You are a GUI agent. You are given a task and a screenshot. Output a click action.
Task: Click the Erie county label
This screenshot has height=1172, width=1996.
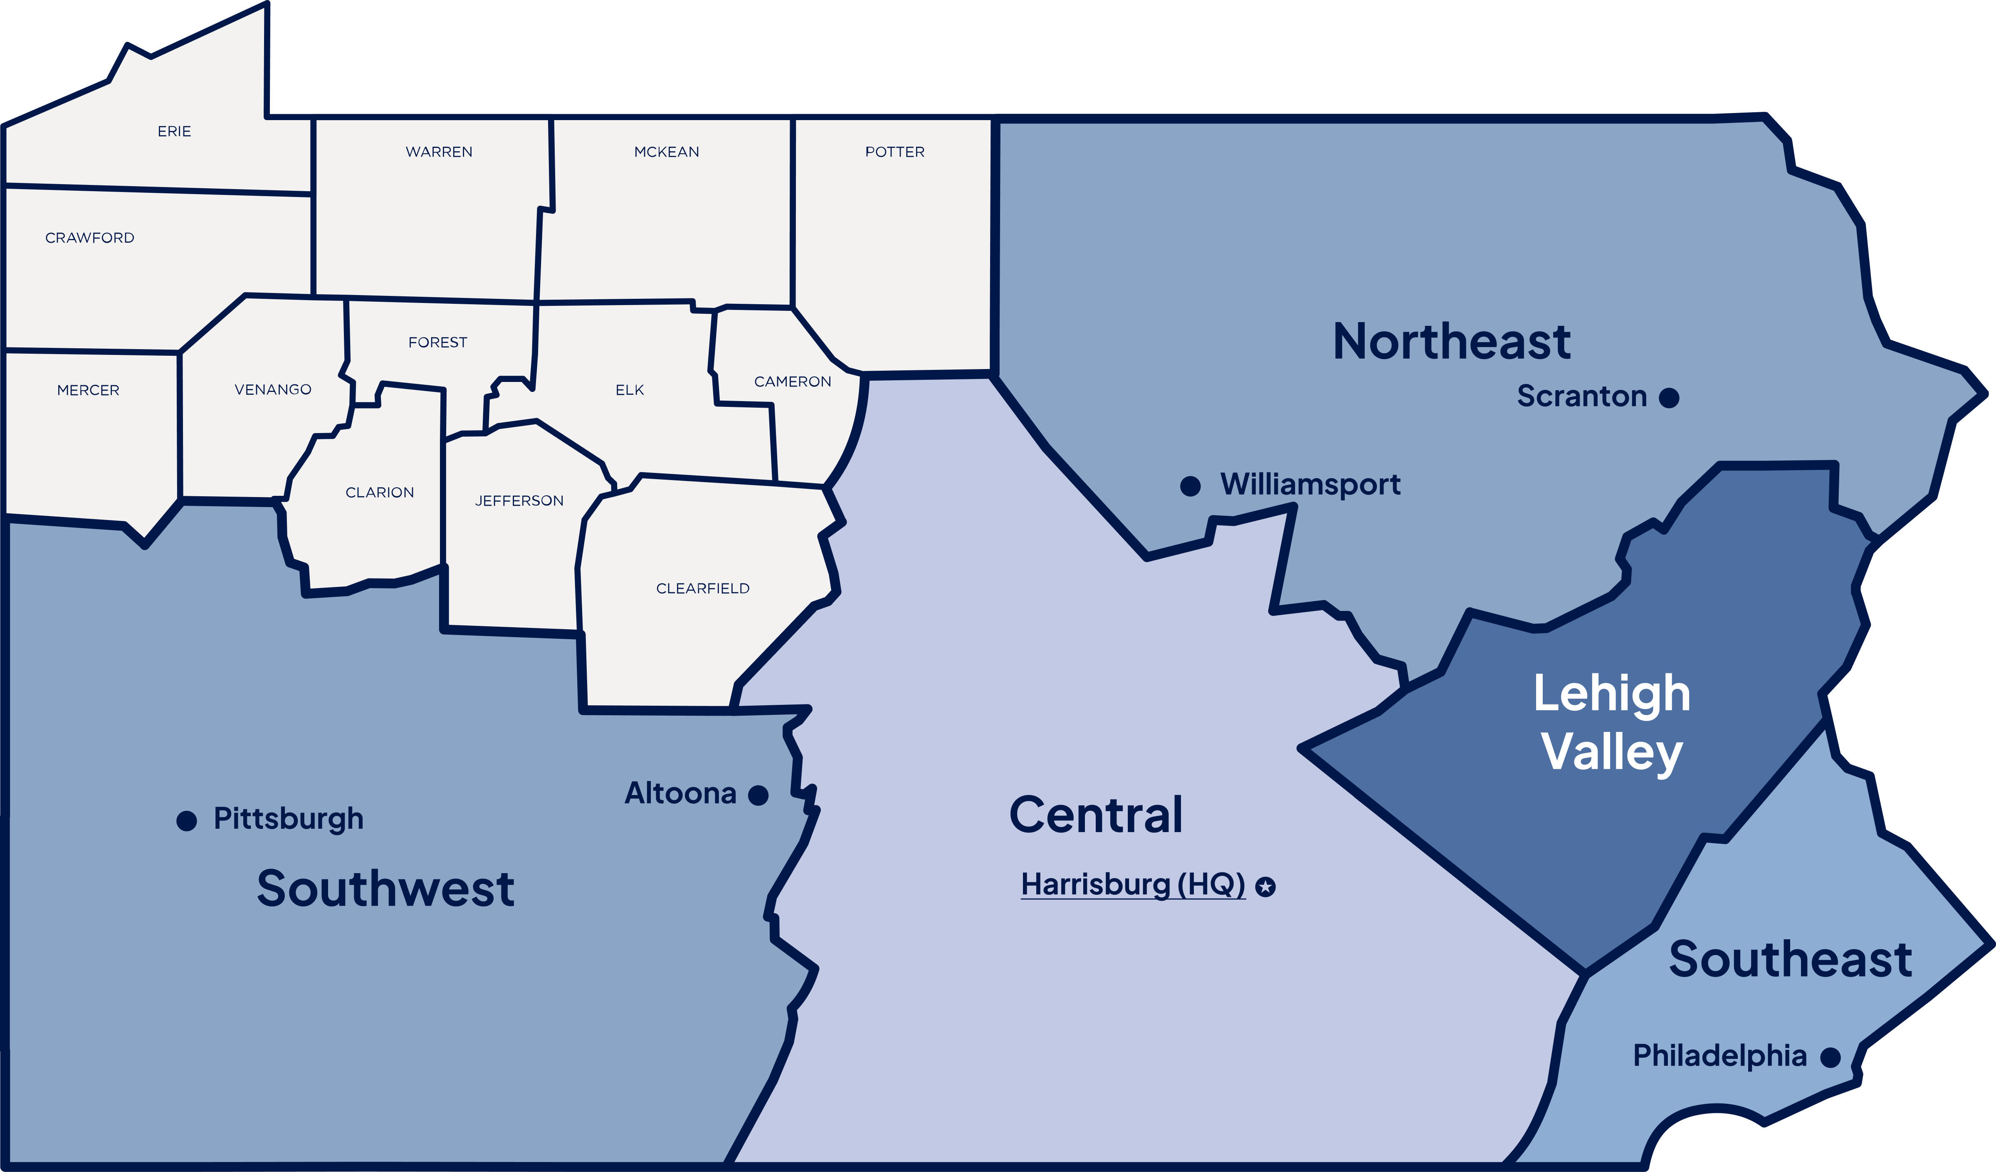pyautogui.click(x=174, y=131)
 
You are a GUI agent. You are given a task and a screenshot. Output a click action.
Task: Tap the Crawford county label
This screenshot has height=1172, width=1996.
pyautogui.click(x=89, y=238)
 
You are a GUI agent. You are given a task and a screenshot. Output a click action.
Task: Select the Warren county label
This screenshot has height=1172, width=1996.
pyautogui.click(x=439, y=152)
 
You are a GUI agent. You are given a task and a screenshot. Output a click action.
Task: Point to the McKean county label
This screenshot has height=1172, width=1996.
pyautogui.click(x=666, y=152)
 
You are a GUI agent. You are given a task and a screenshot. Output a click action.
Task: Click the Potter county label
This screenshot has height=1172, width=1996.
pyautogui.click(x=894, y=152)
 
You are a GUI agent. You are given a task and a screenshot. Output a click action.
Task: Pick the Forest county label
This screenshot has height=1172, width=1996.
pyautogui.click(x=437, y=342)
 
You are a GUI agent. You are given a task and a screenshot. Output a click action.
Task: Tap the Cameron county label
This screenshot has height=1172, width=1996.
pyautogui.click(x=792, y=382)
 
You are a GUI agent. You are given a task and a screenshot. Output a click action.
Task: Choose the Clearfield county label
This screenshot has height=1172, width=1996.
pyautogui.click(x=703, y=588)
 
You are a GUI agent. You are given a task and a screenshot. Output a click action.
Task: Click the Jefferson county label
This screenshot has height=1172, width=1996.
pyautogui.click(x=519, y=500)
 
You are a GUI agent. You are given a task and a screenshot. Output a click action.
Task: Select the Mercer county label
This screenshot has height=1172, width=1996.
pyautogui.click(x=88, y=390)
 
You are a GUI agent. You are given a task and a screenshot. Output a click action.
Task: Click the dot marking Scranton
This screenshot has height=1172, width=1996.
pyautogui.click(x=1669, y=398)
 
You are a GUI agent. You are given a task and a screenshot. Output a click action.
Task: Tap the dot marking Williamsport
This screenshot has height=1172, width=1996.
pyautogui.click(x=1190, y=485)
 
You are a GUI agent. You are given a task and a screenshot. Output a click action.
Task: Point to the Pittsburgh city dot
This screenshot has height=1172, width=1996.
pyautogui.click(x=186, y=820)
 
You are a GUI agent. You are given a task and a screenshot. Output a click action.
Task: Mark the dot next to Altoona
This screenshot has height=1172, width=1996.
pyautogui.click(x=758, y=795)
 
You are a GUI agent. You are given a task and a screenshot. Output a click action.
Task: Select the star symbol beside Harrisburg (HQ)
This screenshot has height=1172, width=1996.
pyautogui.click(x=1266, y=887)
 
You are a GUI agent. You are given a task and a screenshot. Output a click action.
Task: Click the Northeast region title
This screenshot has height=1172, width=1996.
pyautogui.click(x=1452, y=342)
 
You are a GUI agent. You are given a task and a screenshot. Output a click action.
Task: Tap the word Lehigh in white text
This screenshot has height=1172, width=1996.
pyautogui.click(x=1612, y=694)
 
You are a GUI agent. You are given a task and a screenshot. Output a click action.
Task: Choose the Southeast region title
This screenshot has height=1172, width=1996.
pyautogui.click(x=1790, y=960)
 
